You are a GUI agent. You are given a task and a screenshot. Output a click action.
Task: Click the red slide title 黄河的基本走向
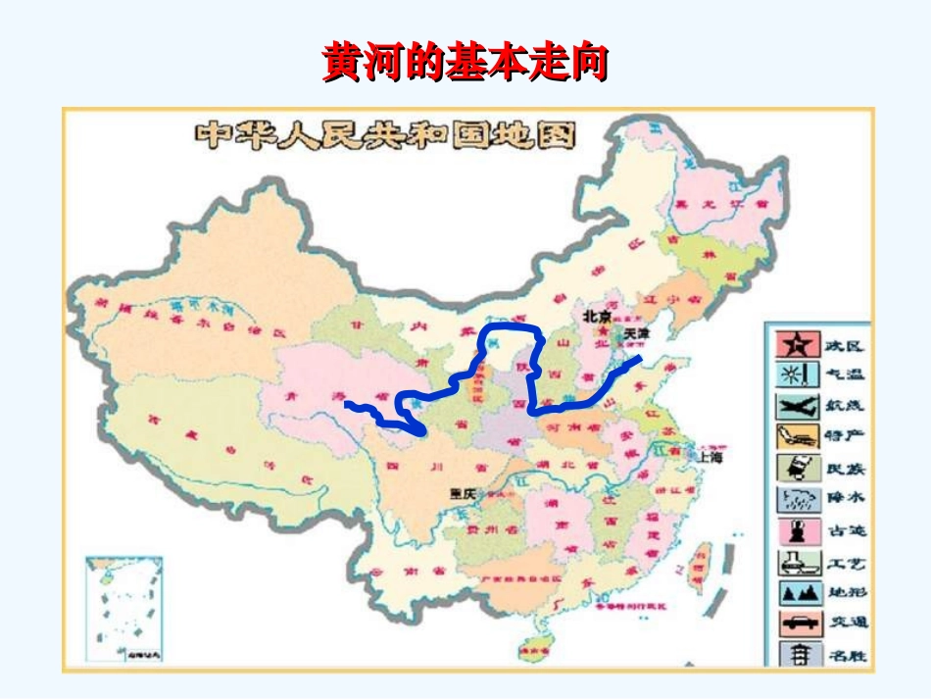tap(465, 63)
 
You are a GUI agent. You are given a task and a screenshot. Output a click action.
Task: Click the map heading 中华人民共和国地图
tap(385, 134)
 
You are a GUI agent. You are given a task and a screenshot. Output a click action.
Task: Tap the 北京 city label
tap(597, 317)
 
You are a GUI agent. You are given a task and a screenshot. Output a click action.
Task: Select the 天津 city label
tap(637, 334)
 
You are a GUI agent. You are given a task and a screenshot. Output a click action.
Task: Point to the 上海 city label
tap(709, 457)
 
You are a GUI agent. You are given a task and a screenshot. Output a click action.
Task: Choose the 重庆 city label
tap(462, 494)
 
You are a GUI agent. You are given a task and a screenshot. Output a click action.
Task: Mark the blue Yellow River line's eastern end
tap(640, 359)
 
